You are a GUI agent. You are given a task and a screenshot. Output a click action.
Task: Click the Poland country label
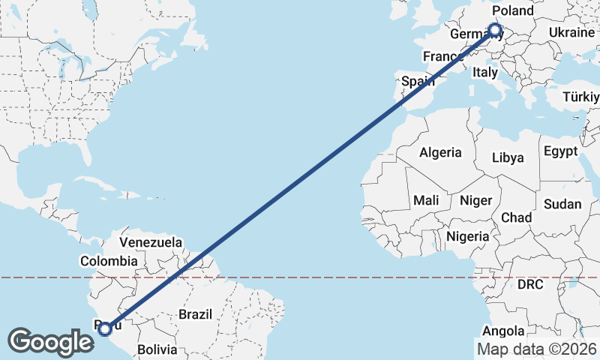[514, 10]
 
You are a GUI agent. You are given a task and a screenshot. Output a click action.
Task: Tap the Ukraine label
[571, 32]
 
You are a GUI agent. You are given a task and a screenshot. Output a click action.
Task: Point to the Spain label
[418, 81]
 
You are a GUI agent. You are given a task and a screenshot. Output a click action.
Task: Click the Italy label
[484, 73]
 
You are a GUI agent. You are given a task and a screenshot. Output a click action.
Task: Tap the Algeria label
[440, 152]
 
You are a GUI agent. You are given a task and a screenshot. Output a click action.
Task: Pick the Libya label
[508, 158]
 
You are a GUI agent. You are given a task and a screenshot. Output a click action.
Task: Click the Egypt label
[561, 151]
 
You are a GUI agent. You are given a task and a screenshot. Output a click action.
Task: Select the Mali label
[426, 200]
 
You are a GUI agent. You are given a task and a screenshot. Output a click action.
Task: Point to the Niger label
[475, 200]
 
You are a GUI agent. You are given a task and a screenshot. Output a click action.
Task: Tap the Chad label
[516, 217]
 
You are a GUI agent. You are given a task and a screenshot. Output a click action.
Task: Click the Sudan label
[562, 204]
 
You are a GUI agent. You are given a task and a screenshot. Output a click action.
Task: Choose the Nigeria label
[467, 236]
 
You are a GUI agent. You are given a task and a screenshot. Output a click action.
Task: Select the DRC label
[530, 285]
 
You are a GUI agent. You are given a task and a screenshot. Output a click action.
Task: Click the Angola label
[502, 331]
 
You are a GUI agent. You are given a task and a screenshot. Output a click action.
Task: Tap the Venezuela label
[151, 243]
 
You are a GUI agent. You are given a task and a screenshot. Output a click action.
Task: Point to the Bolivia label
[157, 349]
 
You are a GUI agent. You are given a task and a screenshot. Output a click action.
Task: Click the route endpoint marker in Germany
[495, 31]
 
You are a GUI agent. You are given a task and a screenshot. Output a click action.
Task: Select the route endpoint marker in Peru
[105, 328]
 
